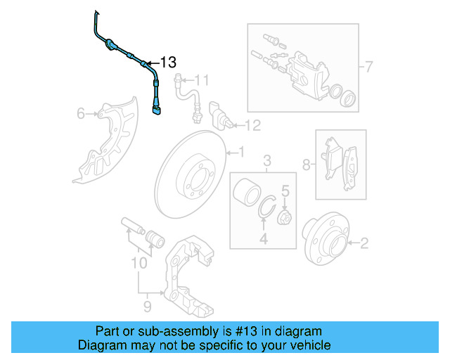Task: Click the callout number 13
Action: point(167,62)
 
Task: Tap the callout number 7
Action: point(368,67)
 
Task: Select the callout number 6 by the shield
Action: point(80,112)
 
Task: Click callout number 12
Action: point(252,126)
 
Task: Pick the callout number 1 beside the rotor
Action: point(240,151)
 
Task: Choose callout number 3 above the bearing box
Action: point(267,163)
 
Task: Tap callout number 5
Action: point(285,190)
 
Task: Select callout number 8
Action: point(306,165)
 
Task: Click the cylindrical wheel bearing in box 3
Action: point(246,193)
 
